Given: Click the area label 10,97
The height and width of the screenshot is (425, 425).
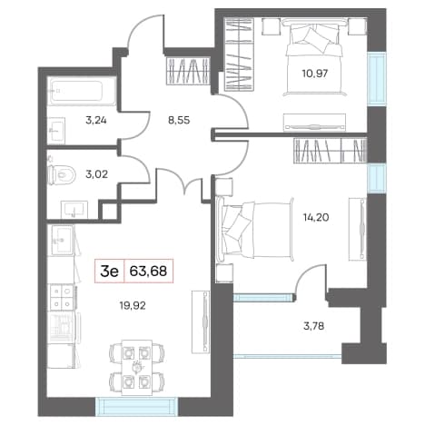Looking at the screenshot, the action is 315,74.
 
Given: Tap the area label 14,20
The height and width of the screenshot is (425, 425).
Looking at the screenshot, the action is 316,217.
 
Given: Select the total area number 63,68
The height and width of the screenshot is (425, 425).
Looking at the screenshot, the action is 148,272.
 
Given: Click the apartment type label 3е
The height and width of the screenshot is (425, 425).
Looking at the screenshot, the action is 109,272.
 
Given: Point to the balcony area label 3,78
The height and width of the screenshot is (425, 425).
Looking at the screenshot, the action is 313,326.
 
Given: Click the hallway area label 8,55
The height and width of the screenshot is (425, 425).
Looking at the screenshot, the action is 179,120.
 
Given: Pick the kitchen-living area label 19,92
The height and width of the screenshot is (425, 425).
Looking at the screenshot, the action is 133,306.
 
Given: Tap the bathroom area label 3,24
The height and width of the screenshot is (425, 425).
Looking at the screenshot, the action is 96,121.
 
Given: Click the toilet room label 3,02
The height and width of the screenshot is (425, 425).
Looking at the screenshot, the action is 97,174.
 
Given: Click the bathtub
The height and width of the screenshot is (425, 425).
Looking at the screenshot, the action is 82,92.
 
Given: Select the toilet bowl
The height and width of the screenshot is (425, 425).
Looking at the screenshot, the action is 62,175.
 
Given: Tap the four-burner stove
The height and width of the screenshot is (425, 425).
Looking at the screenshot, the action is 62,297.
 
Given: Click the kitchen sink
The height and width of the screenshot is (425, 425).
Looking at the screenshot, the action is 63,240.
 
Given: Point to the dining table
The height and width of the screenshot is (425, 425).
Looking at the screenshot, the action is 137,367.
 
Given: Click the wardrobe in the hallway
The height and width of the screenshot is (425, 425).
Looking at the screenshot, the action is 188,71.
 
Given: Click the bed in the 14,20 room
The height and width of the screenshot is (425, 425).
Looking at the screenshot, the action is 255,229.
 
